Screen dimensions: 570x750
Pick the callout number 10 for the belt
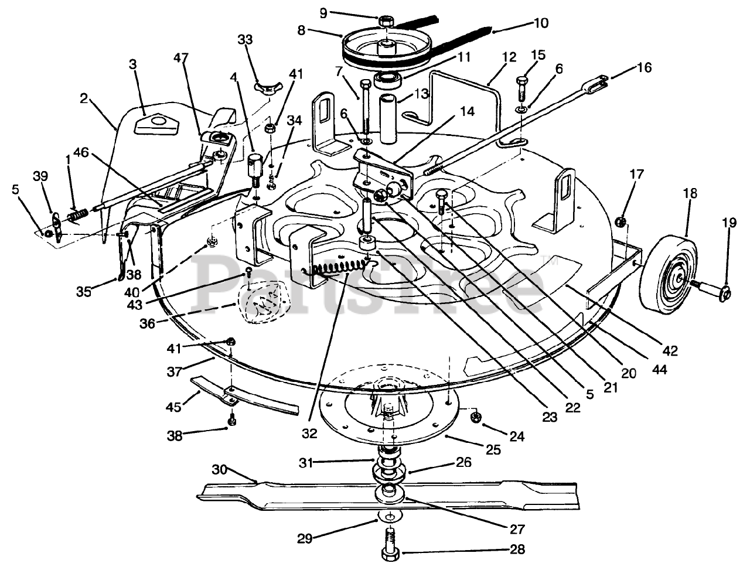coord(541,23)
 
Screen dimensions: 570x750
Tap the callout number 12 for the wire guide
coord(509,57)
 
